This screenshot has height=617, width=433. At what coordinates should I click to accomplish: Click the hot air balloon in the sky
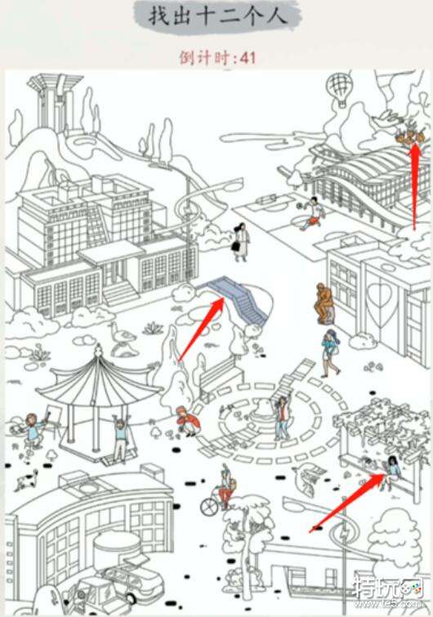coord(339,89)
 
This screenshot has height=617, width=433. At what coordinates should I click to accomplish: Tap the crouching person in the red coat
coord(188,421)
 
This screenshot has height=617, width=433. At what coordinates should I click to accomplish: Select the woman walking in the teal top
coord(330,353)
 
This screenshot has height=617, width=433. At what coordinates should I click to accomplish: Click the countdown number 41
coord(248,58)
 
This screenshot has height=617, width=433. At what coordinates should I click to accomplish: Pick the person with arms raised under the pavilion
coord(120,437)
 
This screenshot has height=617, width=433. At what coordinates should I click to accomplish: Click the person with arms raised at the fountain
coord(282,417)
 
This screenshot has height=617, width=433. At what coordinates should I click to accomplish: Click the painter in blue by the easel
coord(33,430)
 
